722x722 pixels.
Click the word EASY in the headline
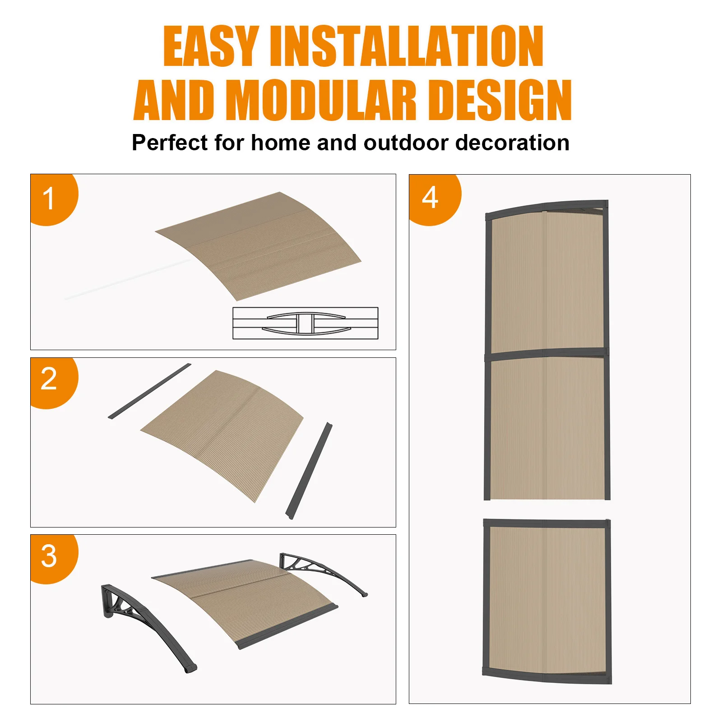click(x=211, y=46)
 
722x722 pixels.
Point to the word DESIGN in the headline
click(x=500, y=100)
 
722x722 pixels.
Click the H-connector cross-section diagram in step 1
click(x=305, y=323)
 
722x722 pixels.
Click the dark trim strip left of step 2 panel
click(x=149, y=391)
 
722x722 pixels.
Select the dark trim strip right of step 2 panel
click(x=309, y=470)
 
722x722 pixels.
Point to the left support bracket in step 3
click(x=144, y=623)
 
